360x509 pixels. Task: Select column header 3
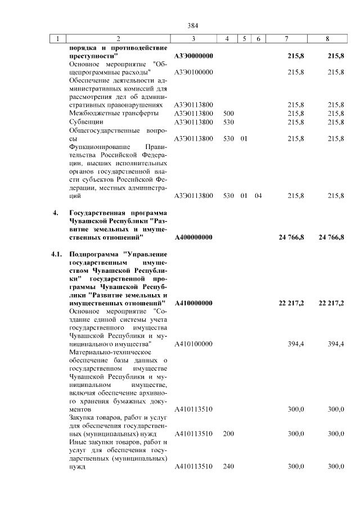[x=193, y=39]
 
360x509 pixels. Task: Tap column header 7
[x=287, y=39]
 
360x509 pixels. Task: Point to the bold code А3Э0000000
[x=193, y=56]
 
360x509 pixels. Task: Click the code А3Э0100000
[x=193, y=72]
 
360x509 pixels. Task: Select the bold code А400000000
[x=193, y=237]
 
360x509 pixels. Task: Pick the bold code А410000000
[x=193, y=303]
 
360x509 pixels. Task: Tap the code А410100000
[x=193, y=344]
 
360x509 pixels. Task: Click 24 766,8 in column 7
[x=291, y=237]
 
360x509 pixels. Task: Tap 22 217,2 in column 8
[x=331, y=303]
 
